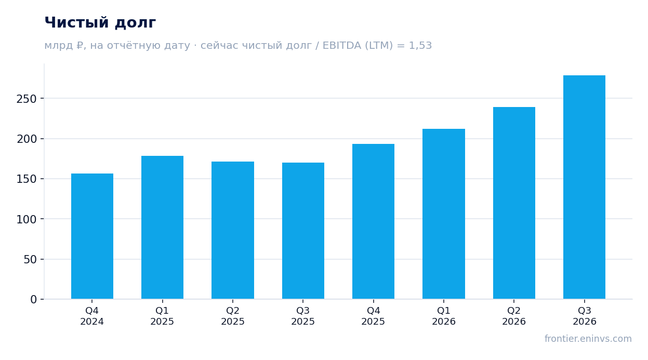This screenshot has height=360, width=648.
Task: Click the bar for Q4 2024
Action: click(x=92, y=236)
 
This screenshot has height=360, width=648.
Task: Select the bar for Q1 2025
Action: click(x=162, y=228)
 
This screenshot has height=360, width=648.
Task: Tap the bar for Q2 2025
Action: click(x=233, y=230)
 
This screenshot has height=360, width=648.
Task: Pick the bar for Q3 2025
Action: click(x=303, y=231)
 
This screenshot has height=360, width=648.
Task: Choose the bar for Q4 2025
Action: click(x=373, y=221)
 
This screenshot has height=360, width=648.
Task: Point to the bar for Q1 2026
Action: click(x=444, y=214)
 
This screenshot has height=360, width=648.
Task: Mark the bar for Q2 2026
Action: click(x=514, y=203)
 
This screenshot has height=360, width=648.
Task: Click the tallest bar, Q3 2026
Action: click(x=585, y=187)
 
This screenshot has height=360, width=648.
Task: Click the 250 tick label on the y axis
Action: click(x=27, y=99)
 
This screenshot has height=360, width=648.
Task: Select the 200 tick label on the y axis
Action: click(x=27, y=139)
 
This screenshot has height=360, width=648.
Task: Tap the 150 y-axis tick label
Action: click(x=27, y=179)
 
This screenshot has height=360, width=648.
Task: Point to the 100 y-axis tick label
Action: click(x=27, y=220)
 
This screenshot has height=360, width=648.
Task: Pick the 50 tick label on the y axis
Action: click(x=30, y=260)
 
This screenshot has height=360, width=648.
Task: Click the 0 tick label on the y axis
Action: click(x=34, y=300)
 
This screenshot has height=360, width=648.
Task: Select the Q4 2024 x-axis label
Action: click(x=92, y=316)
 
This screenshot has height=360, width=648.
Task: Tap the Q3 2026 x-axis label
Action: click(x=585, y=316)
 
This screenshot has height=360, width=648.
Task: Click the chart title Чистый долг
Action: click(x=100, y=23)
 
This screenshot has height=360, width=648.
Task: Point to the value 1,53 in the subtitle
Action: click(x=420, y=46)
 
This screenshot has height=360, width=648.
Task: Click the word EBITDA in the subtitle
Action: click(x=342, y=46)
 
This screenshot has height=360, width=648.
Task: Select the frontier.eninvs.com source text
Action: click(x=588, y=339)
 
